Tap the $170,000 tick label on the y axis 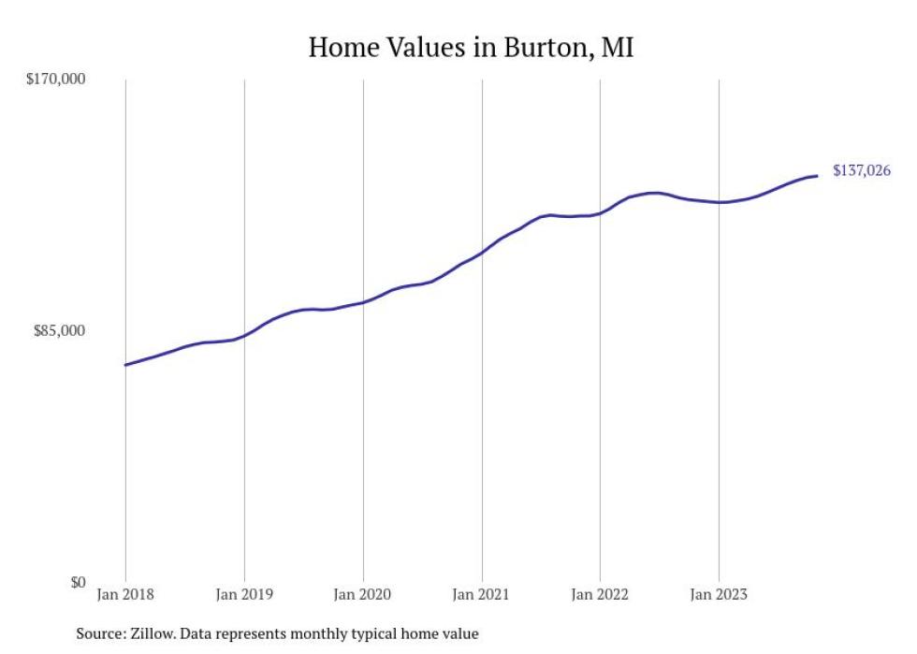(55, 79)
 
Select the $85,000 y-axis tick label (59, 330)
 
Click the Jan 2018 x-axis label (125, 594)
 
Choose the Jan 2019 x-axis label (244, 594)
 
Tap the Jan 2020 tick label (363, 594)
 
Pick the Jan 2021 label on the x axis (482, 594)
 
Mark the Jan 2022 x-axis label (600, 594)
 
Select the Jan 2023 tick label (719, 594)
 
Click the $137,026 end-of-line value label (861, 170)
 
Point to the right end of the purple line (818, 176)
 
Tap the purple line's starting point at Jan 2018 (125, 365)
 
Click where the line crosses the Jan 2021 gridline (482, 253)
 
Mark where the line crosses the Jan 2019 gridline (244, 334)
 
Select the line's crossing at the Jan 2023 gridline (719, 202)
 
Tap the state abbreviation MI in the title (617, 48)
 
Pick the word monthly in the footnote (323, 634)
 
